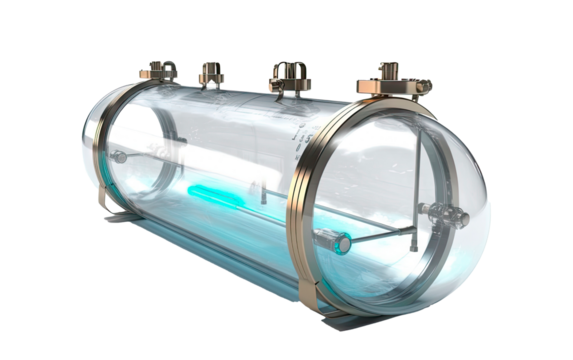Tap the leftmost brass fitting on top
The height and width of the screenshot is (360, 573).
[159, 70]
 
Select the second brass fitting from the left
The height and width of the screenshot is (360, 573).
[211, 74]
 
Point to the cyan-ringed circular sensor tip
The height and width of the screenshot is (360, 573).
[340, 243]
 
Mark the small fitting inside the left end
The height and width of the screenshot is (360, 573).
[119, 157]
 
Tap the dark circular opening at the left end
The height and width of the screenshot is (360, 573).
[140, 150]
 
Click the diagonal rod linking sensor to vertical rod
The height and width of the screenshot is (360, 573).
[380, 235]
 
